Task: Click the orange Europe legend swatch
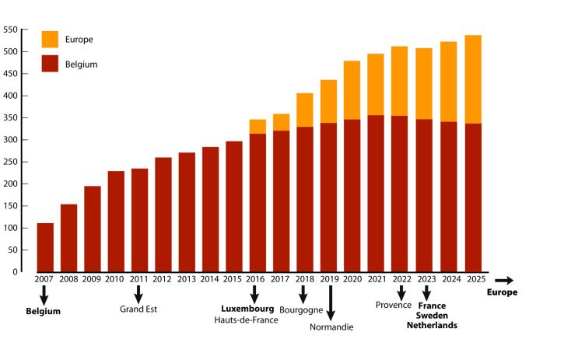[x=50, y=39]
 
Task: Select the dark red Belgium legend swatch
[x=50, y=64]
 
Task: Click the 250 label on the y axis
[x=11, y=162]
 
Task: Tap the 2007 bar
[x=45, y=247]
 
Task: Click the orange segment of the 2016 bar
[x=257, y=127]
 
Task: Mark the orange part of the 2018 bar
[x=305, y=110]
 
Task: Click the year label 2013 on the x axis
[x=187, y=278]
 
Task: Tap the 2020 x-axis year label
[x=352, y=278]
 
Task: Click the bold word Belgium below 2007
[x=43, y=311]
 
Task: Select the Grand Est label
[x=138, y=309]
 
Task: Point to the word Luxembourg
[x=247, y=309]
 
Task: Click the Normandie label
[x=331, y=327]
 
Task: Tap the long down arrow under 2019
[x=331, y=303]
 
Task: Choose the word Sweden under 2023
[x=432, y=316]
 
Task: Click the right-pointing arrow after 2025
[x=504, y=280]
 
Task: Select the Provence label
[x=393, y=305]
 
